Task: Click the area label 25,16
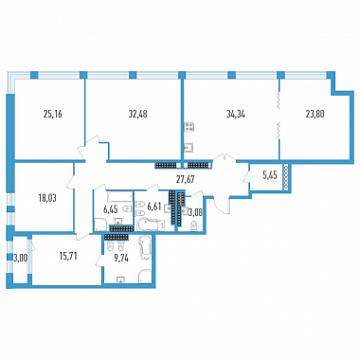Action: [52, 114]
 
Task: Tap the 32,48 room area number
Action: [137, 114]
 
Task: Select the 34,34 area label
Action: [236, 114]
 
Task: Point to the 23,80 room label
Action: [315, 114]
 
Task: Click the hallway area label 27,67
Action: [185, 179]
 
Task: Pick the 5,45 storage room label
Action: [270, 175]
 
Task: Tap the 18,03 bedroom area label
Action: [47, 198]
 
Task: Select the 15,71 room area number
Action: [68, 256]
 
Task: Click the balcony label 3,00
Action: [21, 258]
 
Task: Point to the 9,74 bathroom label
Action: [122, 258]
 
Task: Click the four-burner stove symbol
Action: [189, 127]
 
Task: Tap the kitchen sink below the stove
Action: [189, 148]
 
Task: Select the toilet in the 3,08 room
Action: [193, 225]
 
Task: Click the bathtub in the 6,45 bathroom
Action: [119, 196]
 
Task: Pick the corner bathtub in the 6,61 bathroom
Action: [151, 225]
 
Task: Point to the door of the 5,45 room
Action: [247, 180]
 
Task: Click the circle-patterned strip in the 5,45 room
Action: [286, 177]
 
